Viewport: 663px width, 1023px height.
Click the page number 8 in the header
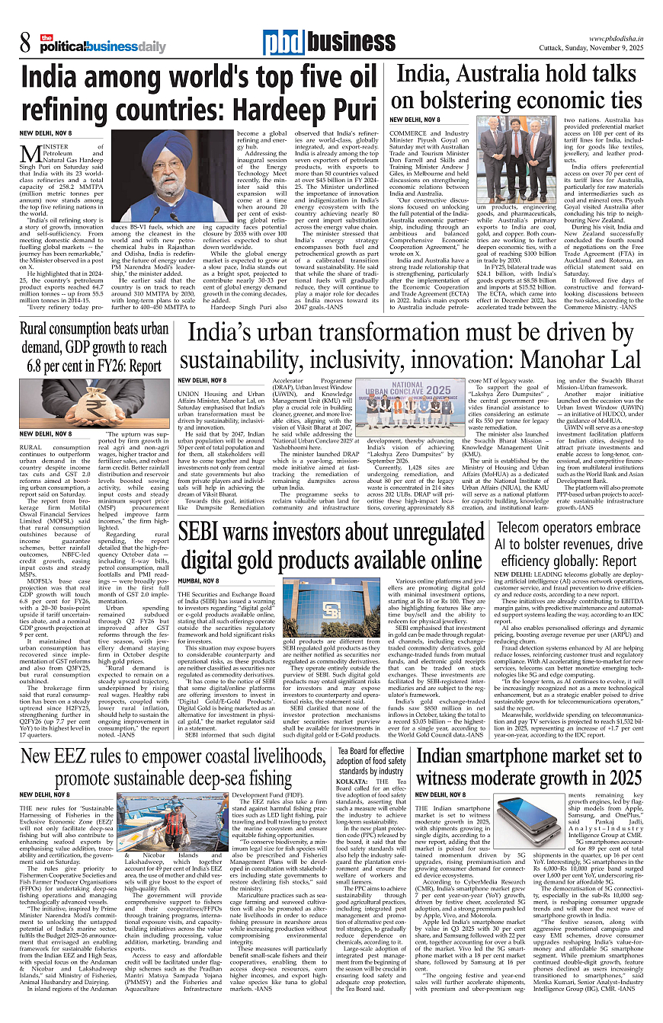click(x=26, y=44)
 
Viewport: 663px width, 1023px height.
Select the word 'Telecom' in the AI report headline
click(x=521, y=529)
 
